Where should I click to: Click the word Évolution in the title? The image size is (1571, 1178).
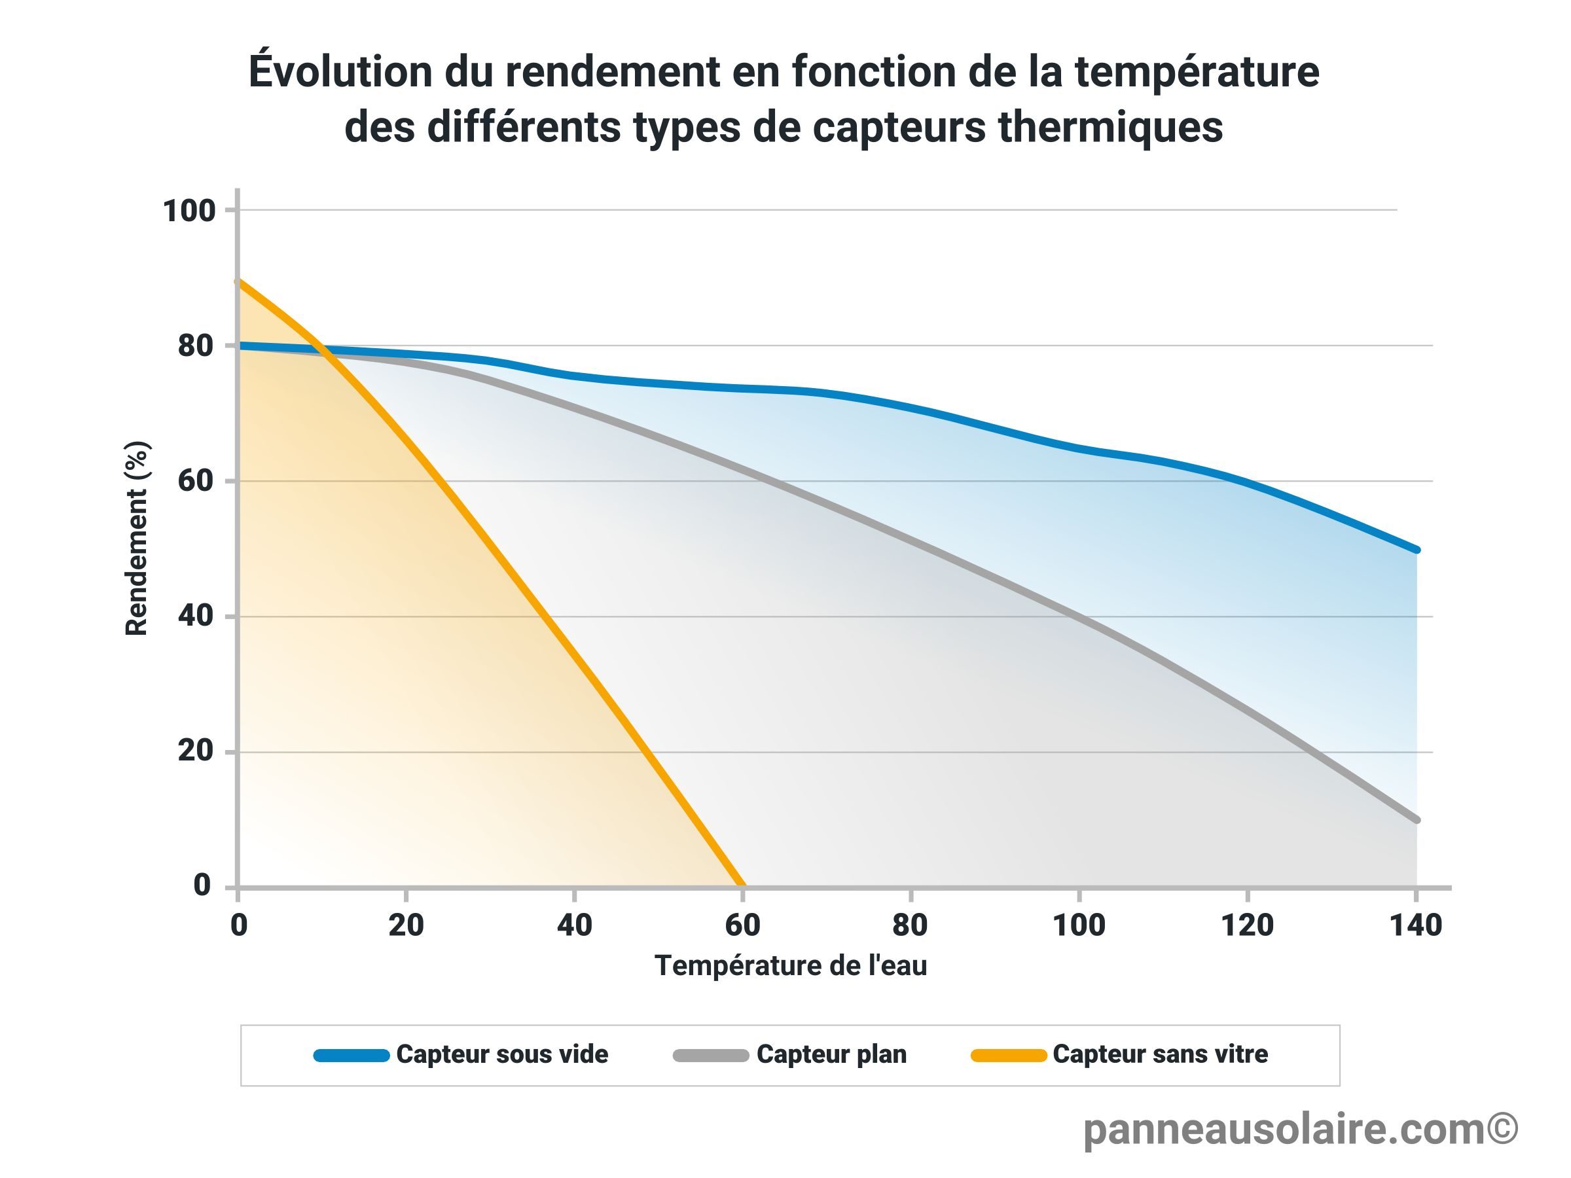(340, 72)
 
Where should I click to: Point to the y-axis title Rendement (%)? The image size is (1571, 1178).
(136, 538)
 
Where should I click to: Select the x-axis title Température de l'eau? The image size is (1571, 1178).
(791, 966)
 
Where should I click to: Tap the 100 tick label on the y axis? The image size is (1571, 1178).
(189, 211)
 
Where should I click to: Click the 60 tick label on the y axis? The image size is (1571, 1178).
(195, 482)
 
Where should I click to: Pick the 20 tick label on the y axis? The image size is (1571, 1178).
(195, 751)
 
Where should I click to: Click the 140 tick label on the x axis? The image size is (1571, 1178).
(1415, 926)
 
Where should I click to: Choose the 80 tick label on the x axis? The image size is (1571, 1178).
(910, 926)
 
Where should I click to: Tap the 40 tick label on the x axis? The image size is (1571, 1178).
(574, 926)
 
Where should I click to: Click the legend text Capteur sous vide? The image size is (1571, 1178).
(502, 1054)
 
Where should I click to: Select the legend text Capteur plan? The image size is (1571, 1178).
(832, 1054)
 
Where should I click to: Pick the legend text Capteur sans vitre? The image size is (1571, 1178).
(1160, 1054)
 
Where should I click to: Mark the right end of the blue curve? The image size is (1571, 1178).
(1415, 550)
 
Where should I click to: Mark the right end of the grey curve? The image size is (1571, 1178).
(1415, 819)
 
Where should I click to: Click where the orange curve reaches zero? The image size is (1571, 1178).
(743, 885)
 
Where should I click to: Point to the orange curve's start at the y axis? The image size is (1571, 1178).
(239, 282)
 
